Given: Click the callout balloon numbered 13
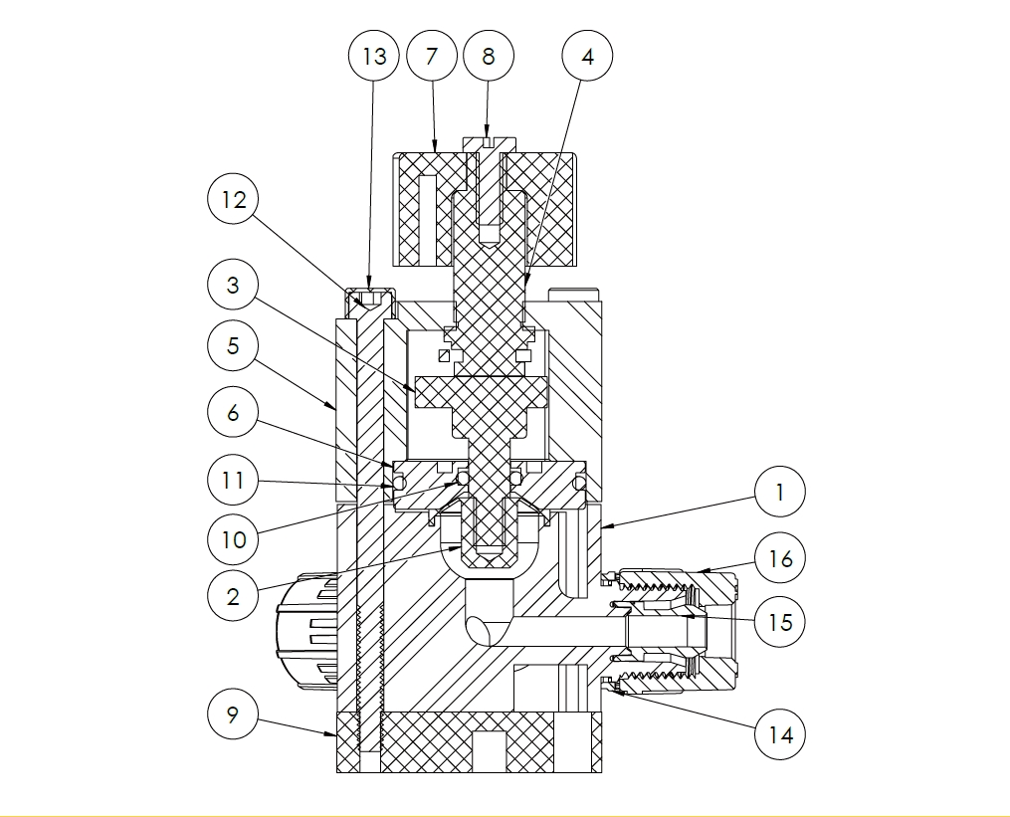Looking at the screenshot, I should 374,56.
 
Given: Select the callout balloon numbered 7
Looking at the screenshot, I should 431,56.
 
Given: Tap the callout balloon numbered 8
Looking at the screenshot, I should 488,56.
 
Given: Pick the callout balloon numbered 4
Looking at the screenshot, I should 587,56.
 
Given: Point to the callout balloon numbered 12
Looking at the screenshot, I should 233,200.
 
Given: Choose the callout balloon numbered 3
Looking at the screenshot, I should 233,286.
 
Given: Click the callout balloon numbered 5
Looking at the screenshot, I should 233,346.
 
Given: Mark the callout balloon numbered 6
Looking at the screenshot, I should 233,412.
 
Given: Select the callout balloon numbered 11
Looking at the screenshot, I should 233,481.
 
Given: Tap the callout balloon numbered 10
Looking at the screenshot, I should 233,540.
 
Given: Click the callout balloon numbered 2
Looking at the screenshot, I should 233,596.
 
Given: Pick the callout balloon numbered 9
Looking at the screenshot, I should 233,715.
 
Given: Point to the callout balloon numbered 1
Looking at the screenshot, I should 780,492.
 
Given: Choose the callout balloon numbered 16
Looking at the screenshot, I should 780,559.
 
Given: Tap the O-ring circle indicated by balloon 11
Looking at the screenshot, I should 398,483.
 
